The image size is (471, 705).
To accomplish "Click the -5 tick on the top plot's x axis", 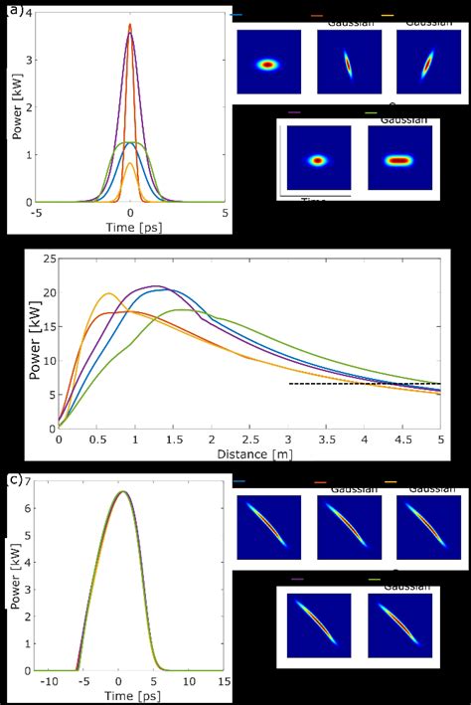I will coord(36,212).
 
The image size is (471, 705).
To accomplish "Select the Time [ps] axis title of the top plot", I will coord(130,227).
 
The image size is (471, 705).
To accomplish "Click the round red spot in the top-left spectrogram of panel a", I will coord(267,65).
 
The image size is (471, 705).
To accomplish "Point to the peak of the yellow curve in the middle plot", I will coord(108,293).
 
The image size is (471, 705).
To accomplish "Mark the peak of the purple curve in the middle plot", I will coord(155,286).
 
